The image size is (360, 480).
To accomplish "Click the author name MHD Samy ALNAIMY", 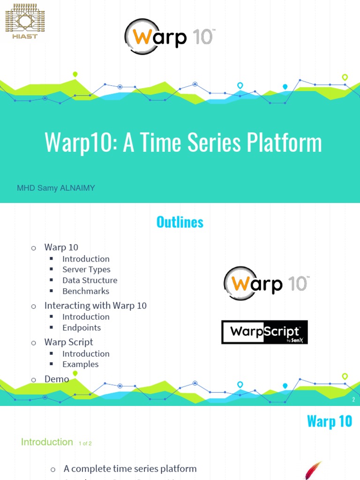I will pos(56,188).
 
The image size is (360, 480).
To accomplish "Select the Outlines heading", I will pos(180,222).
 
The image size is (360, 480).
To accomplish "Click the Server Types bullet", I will pos(86,270).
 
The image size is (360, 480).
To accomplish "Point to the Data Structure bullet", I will pos(90,280).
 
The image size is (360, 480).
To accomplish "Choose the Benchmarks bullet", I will pos(86,291).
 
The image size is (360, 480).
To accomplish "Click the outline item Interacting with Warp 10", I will pos(95,306).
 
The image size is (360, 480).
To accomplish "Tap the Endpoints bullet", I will pos(82,328).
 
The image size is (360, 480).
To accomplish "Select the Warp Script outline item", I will pos(68,342).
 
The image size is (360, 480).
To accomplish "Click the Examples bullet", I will pos(80,364).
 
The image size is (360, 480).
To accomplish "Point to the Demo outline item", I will pos(57,379).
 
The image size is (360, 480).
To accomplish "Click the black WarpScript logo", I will pos(264,332).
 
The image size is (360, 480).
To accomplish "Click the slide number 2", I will pos(353,400).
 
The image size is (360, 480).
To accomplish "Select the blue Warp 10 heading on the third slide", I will pos(329,421).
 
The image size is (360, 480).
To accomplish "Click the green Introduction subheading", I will pos(47,442).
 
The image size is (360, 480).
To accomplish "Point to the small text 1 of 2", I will pos(85,443).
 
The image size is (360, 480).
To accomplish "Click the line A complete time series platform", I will pos(130,469).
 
